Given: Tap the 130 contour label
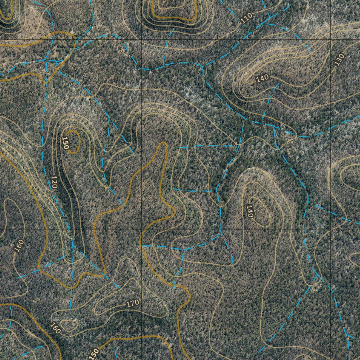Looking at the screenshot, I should point(339,60).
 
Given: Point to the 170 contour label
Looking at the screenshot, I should point(133,302).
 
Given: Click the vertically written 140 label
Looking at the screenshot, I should point(250,211).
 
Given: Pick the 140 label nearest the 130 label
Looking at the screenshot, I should point(262,78).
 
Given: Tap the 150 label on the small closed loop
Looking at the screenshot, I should point(65,143).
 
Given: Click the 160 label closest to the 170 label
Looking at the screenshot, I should point(55,328).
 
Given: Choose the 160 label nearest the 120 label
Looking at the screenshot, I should point(19,246).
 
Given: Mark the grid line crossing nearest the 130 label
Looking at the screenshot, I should point(331,40).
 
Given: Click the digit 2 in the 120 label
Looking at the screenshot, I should point(54,182).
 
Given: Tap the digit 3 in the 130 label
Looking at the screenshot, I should point(339,60).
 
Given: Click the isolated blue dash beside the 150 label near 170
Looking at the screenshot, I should point(115,353).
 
